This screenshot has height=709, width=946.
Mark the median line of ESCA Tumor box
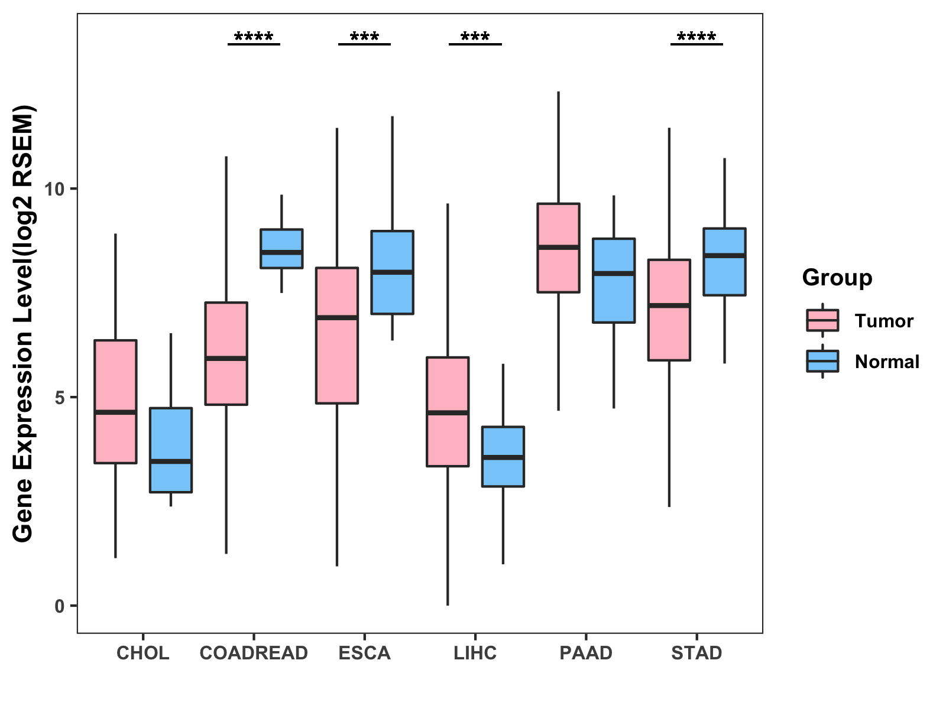point(337,318)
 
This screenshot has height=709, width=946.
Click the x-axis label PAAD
point(586,653)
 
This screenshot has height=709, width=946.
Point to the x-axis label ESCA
point(364,653)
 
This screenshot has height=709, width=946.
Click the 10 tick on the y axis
point(54,189)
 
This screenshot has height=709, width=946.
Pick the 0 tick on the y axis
point(59,606)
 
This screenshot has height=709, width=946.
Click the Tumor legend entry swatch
point(822,320)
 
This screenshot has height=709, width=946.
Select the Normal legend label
point(887,362)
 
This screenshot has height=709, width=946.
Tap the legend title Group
point(837,278)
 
